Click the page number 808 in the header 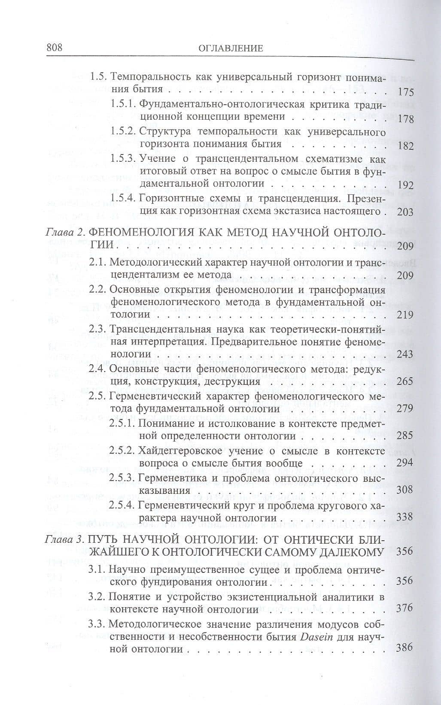pos(54,47)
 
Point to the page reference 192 pos(405,185)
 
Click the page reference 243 pos(405,354)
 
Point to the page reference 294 pos(405,463)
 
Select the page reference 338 pos(405,516)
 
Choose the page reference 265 pos(405,381)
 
